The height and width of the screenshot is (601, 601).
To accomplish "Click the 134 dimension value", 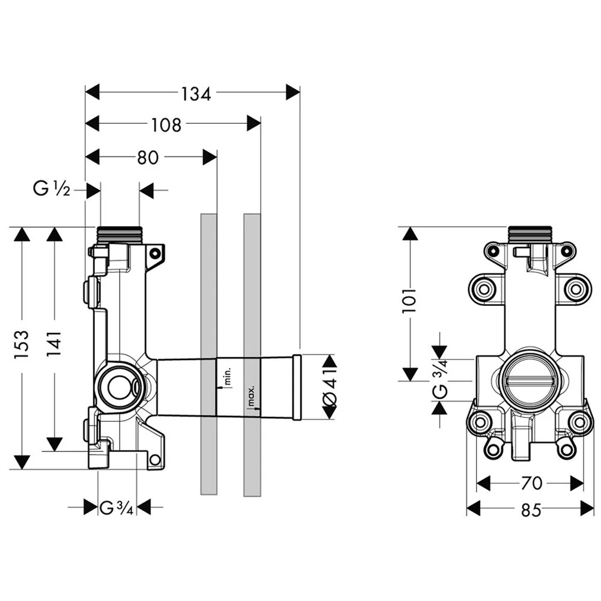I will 196,93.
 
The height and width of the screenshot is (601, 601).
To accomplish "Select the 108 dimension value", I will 166,125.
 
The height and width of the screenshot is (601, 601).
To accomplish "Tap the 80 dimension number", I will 147,157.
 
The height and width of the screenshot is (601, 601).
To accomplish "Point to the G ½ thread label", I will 52,191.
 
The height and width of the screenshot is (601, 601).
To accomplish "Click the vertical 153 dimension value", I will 22,344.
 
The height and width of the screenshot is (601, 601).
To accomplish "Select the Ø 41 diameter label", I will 330,386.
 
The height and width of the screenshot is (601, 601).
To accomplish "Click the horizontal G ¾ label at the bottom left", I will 116,508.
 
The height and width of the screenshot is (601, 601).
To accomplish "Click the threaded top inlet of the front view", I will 529,234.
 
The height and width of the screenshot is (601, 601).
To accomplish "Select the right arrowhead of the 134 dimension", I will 293,93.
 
